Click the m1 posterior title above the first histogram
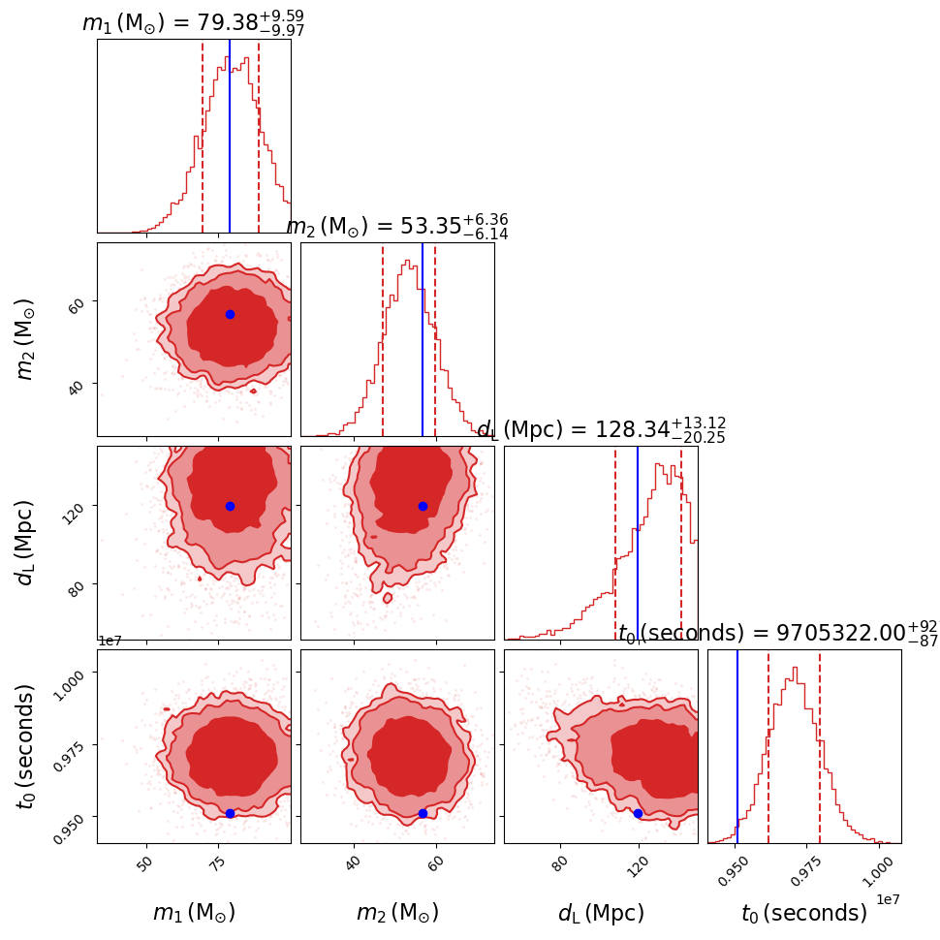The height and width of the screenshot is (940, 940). pyautogui.click(x=193, y=23)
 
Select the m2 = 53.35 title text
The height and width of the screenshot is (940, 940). pyautogui.click(x=396, y=227)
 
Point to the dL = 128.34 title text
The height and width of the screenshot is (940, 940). pyautogui.click(x=601, y=430)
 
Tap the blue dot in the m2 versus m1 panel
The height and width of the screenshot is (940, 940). pyautogui.click(x=230, y=314)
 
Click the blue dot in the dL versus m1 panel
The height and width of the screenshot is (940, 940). pyautogui.click(x=230, y=506)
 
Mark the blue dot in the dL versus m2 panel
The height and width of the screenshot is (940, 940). pyautogui.click(x=423, y=506)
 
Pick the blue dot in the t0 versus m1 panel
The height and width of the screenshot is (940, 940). pyautogui.click(x=230, y=813)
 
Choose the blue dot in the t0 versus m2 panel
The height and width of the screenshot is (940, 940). pyautogui.click(x=423, y=813)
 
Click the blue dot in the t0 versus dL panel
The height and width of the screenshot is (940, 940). pyautogui.click(x=638, y=813)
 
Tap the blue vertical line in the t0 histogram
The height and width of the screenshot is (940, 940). pyautogui.click(x=737, y=746)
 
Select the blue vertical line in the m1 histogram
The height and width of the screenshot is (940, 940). pyautogui.click(x=230, y=136)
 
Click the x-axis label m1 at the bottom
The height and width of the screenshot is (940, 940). pyautogui.click(x=194, y=913)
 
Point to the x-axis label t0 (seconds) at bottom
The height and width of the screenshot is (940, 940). pyautogui.click(x=803, y=913)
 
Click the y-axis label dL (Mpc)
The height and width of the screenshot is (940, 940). pyautogui.click(x=26, y=543)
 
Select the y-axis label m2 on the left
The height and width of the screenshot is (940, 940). pyautogui.click(x=26, y=338)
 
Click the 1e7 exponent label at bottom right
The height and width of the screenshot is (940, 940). pyautogui.click(x=889, y=899)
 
